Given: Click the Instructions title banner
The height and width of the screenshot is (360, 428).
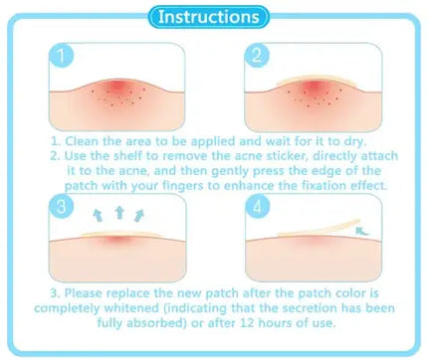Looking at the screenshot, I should coord(213,17).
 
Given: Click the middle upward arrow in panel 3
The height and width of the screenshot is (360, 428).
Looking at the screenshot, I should coord(120,212).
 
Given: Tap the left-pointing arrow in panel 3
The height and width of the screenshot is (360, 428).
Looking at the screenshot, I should coord(98,216).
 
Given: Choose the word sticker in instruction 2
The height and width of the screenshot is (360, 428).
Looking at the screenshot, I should coord(322,156).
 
